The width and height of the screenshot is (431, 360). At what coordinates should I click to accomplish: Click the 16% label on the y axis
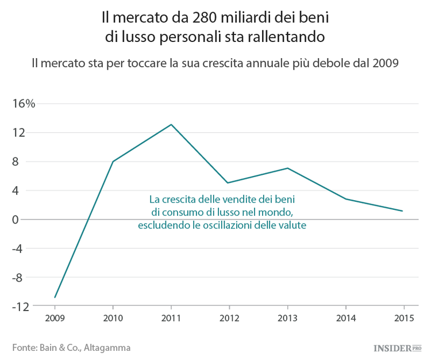tap(24, 104)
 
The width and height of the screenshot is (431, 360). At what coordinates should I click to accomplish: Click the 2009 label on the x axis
tap(55, 317)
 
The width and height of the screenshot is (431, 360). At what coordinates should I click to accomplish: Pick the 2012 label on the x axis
tap(229, 317)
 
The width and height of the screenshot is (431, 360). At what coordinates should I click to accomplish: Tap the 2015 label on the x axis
tap(403, 317)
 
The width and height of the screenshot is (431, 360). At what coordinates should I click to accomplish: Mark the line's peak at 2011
tap(171, 124)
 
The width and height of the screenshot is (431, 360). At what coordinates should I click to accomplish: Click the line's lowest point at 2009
tap(55, 297)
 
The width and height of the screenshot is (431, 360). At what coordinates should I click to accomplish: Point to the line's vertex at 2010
tap(113, 162)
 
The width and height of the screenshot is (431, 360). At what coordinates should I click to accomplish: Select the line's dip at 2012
tap(229, 183)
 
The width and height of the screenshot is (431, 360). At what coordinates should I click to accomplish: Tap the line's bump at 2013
tap(287, 168)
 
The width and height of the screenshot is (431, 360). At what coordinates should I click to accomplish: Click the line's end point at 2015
tap(403, 211)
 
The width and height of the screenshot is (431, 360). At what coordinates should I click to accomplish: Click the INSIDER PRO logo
tap(397, 347)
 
